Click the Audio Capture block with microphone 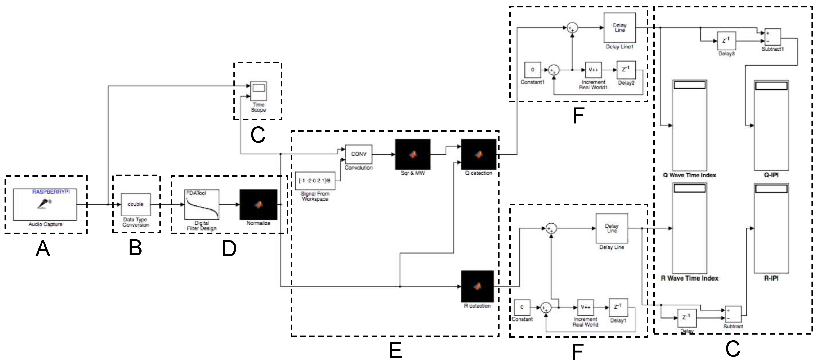pyautogui.click(x=45, y=204)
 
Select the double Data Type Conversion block pyautogui.click(x=136, y=204)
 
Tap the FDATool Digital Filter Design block pyautogui.click(x=202, y=204)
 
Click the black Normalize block pyautogui.click(x=258, y=204)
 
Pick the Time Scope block pyautogui.click(x=258, y=91)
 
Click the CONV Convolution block pyautogui.click(x=358, y=154)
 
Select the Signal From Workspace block pyautogui.click(x=315, y=181)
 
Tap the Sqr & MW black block pyautogui.click(x=412, y=154)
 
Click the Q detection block pyautogui.click(x=478, y=154)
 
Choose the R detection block pyautogui.click(x=477, y=286)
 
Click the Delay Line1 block pyautogui.click(x=619, y=27)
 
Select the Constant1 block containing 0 pyautogui.click(x=532, y=70)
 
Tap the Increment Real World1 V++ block pyautogui.click(x=593, y=70)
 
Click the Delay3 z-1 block pyautogui.click(x=726, y=41)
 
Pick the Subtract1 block pyautogui.click(x=773, y=37)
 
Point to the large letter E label pyautogui.click(x=395, y=351)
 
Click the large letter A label pyautogui.click(x=43, y=249)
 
